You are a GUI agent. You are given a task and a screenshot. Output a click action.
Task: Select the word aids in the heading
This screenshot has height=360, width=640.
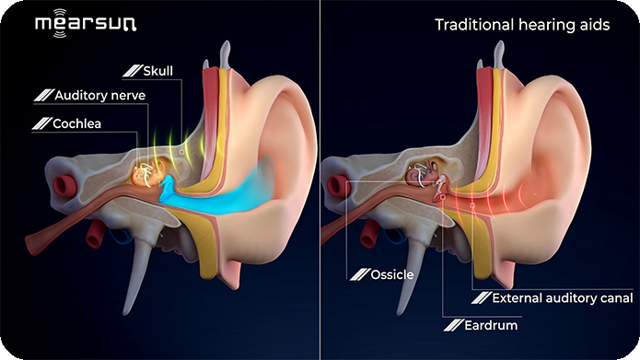tap(592, 25)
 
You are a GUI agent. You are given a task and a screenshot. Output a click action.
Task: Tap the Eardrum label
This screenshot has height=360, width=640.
tap(492, 325)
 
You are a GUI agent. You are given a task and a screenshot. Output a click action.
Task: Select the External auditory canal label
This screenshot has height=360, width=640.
tap(562, 298)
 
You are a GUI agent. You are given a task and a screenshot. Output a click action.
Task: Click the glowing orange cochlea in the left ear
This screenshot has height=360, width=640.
tap(147, 172)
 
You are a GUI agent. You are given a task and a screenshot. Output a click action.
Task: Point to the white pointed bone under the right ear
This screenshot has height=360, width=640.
tap(420, 262)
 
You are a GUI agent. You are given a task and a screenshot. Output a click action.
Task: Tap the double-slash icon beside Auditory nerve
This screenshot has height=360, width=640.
tap(41, 95)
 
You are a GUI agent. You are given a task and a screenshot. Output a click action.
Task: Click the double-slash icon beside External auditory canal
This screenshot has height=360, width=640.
tap(480, 298)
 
